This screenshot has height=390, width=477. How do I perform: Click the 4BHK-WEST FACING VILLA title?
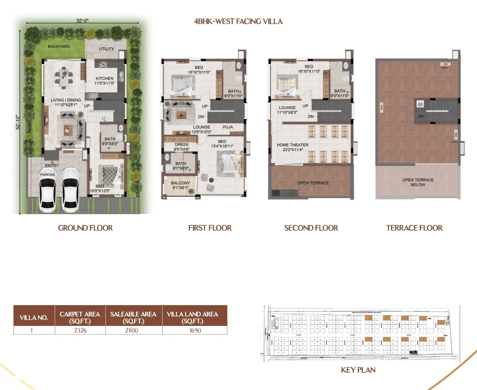(238, 22)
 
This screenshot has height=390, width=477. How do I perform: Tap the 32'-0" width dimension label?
(82, 21)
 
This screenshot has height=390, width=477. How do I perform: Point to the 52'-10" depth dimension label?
(18, 122)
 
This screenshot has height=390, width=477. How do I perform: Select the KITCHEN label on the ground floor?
(104, 79)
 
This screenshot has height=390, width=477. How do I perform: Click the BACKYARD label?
(59, 47)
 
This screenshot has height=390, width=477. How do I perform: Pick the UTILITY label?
(106, 49)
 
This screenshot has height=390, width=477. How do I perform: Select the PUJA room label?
(228, 127)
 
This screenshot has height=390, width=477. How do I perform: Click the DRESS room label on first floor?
(181, 145)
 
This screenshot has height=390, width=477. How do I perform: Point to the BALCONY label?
(180, 183)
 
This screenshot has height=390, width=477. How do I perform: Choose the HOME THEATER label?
(293, 145)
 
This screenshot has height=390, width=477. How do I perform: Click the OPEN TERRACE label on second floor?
(313, 183)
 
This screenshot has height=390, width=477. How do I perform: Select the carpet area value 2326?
(80, 330)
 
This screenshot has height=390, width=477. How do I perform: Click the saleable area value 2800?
(132, 330)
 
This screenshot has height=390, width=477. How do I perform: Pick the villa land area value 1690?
(195, 330)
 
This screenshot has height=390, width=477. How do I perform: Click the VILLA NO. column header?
(34, 318)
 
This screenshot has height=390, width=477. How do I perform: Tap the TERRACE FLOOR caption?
(414, 228)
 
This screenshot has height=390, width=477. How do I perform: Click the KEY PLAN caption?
(358, 370)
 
